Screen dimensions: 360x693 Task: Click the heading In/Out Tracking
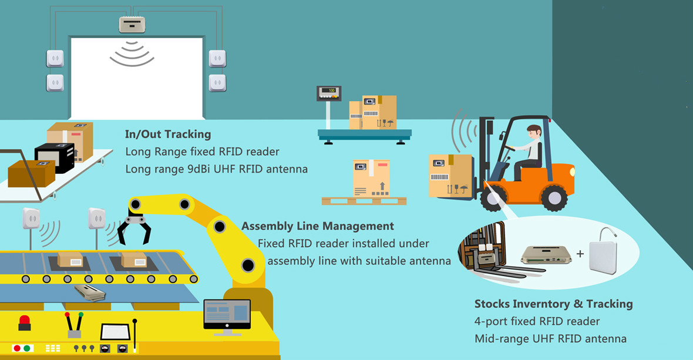pyautogui.click(x=168, y=134)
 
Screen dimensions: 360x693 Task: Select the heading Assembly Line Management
pyautogui.click(x=318, y=226)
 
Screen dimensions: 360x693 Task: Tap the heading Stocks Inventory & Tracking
pyautogui.click(x=553, y=304)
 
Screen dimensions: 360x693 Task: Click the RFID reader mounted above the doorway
pyautogui.click(x=132, y=25)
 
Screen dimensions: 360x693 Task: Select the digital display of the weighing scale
pyautogui.click(x=329, y=91)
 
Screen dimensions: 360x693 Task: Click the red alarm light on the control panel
pyautogui.click(x=25, y=322)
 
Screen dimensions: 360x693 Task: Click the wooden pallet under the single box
pyautogui.click(x=364, y=201)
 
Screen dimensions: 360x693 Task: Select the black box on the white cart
pyautogui.click(x=55, y=157)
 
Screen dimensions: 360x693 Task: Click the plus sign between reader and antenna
pyautogui.click(x=580, y=254)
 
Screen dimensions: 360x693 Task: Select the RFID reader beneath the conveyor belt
pyautogui.click(x=90, y=292)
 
